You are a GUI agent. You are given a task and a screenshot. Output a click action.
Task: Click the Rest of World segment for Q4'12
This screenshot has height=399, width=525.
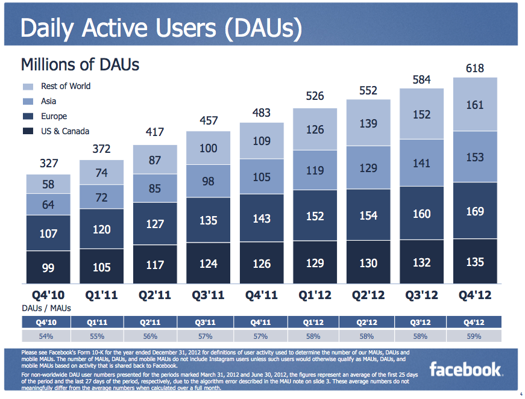[475, 105]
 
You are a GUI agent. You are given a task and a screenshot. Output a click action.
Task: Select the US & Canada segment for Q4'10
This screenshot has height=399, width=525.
[48, 267]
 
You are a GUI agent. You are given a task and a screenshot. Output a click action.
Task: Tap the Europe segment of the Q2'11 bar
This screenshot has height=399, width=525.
[155, 224]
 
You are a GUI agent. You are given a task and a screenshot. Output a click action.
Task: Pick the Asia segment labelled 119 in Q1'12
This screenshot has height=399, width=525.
[315, 170]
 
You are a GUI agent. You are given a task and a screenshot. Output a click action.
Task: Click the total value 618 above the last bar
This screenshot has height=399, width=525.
[475, 69]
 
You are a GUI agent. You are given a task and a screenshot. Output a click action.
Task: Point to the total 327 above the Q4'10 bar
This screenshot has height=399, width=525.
[48, 163]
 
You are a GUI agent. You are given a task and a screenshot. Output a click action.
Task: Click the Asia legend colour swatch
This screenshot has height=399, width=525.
[28, 102]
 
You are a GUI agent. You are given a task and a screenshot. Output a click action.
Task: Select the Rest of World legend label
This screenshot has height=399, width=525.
[66, 86]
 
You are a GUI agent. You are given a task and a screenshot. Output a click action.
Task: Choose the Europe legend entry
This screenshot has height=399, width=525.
[54, 116]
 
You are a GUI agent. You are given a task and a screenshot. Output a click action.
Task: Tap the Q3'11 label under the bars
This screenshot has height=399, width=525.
[209, 295]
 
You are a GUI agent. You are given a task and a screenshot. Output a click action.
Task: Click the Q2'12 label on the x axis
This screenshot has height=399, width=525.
[368, 295]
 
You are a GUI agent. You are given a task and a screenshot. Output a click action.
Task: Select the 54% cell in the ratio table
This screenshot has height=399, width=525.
[46, 336]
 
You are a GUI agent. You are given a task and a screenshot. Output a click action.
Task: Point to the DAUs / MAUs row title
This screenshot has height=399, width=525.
[46, 308]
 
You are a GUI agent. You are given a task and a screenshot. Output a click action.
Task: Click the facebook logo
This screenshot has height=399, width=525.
[465, 369]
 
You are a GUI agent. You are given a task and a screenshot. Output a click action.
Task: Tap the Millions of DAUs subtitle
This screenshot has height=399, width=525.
[80, 64]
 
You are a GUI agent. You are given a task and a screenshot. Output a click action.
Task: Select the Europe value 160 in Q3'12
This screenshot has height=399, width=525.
[421, 214]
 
